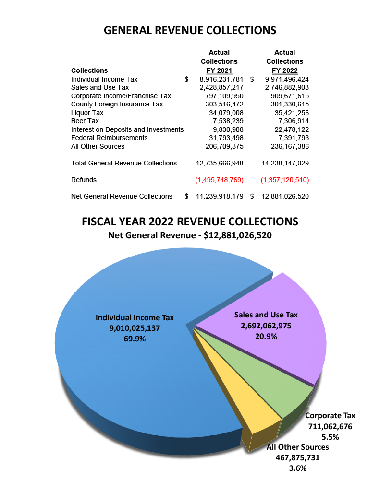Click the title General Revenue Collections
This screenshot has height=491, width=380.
pyautogui.click(x=190, y=30)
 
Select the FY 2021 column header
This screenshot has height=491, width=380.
pyautogui.click(x=219, y=70)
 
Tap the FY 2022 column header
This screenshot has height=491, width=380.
pyautogui.click(x=284, y=70)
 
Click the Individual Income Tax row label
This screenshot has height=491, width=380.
pyautogui.click(x=104, y=79)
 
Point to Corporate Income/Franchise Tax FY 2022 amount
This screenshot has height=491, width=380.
pyautogui.click(x=287, y=96)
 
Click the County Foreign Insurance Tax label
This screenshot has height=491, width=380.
pyautogui.click(x=117, y=104)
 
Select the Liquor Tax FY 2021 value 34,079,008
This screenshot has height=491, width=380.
pyautogui.click(x=223, y=113)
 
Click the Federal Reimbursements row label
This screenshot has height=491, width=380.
pyautogui.click(x=110, y=138)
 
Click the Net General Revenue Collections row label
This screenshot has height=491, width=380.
pyautogui.click(x=122, y=196)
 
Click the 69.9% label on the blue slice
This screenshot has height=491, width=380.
pyautogui.click(x=135, y=339)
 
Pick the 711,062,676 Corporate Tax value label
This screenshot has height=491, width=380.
pyautogui.click(x=330, y=426)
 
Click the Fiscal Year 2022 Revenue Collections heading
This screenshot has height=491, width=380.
pyautogui.click(x=190, y=222)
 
